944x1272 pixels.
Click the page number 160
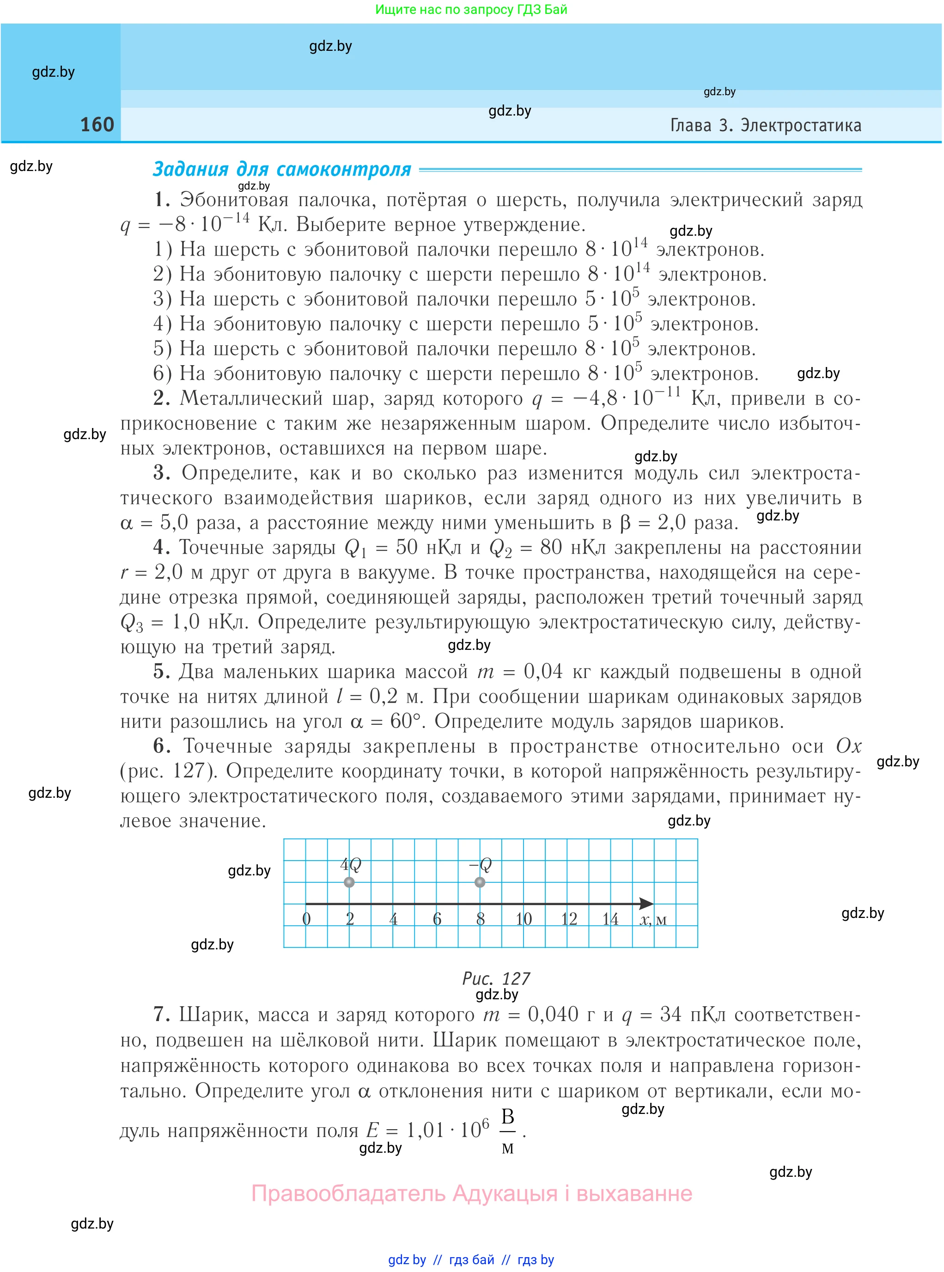[x=97, y=125]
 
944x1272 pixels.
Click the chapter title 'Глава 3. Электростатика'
[x=765, y=125]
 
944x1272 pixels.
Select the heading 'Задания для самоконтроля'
[x=282, y=169]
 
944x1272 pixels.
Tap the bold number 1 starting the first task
[x=162, y=200]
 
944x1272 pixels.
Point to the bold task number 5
[x=161, y=671]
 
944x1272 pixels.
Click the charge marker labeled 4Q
[x=349, y=882]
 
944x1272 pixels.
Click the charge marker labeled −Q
[x=480, y=882]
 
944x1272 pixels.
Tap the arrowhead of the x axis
[x=646, y=903]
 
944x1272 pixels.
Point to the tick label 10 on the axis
[x=524, y=919]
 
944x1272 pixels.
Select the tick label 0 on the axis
[x=306, y=919]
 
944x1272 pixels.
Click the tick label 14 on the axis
[x=610, y=919]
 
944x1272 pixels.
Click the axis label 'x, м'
[x=652, y=920]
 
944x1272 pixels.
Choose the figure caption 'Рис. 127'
[x=495, y=978]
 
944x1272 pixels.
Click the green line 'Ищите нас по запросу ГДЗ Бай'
[x=471, y=9]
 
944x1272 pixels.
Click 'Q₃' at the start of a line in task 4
[x=131, y=623]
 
